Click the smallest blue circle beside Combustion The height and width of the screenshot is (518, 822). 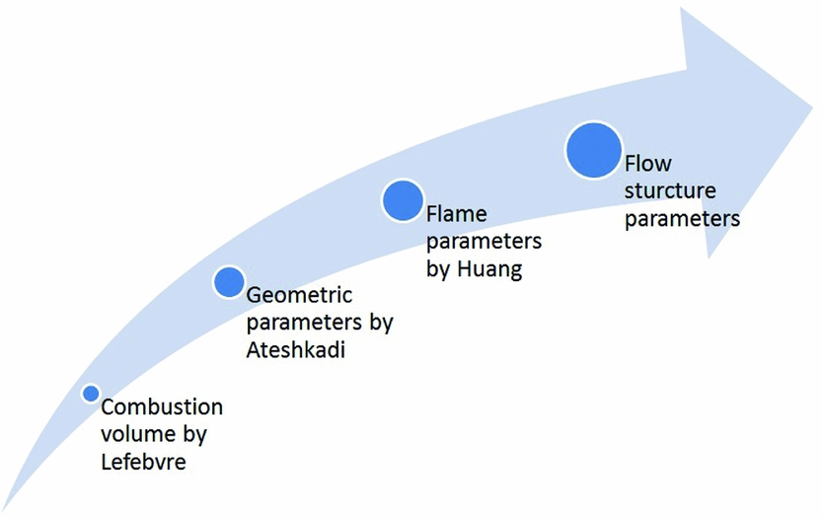tap(91, 394)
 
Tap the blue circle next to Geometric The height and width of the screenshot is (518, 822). tap(229, 281)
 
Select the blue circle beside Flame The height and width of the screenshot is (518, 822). tap(403, 200)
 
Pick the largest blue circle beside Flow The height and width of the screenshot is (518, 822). tap(593, 151)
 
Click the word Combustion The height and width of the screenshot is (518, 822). tap(162, 407)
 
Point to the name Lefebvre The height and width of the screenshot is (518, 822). tap(144, 462)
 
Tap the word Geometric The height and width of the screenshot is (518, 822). tap(299, 295)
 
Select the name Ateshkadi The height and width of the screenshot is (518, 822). tap(296, 349)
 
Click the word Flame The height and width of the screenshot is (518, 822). tap(457, 214)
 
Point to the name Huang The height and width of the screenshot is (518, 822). tap(489, 269)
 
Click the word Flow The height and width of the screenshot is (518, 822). tap(647, 164)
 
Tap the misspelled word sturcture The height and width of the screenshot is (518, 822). tap(670, 190)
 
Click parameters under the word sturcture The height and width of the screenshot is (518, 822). tap(682, 219)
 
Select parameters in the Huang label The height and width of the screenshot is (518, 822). tap(484, 242)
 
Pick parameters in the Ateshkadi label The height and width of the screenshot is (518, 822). tap(304, 323)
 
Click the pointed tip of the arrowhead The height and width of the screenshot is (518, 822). tap(812, 108)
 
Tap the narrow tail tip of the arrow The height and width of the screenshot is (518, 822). tap(3, 511)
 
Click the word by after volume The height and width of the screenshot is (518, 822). tap(194, 435)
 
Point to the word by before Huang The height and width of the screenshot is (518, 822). tap(439, 269)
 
